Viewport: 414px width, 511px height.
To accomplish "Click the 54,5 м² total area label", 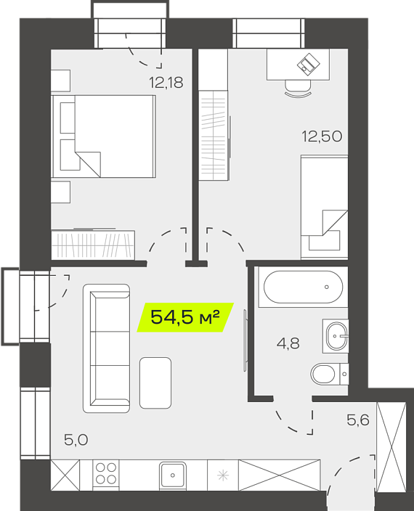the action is tap(185, 317).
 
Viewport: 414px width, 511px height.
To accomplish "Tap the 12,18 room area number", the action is tap(166, 83).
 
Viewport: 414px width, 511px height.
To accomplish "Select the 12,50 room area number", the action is tap(322, 136).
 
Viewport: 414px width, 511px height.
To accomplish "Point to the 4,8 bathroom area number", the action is tap(288, 343).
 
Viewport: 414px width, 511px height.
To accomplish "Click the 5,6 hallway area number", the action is tap(358, 420).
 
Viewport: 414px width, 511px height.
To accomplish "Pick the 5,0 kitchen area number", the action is tap(76, 440).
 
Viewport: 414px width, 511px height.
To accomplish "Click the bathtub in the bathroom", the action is tap(303, 287).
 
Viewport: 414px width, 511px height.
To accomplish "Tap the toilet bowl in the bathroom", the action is tap(330, 374).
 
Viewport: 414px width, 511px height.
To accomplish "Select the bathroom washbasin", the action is tap(336, 336).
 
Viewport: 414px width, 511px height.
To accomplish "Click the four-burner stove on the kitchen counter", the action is tap(106, 474).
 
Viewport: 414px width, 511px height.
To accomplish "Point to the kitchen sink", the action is tap(173, 475).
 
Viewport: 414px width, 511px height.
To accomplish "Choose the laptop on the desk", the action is tap(309, 64).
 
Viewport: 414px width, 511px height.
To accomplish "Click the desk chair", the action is tap(298, 89).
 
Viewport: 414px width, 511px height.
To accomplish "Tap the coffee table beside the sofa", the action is tap(155, 383).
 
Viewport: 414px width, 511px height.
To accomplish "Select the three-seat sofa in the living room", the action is tap(107, 348).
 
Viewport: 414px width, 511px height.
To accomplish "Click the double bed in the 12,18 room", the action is tap(104, 136).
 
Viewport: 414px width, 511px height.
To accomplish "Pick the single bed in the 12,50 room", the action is tap(325, 208).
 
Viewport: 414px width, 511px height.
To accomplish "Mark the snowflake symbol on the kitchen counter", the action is tap(223, 475).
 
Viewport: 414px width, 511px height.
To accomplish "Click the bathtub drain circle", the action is tap(327, 287).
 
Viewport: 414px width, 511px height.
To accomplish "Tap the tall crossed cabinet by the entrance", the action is tap(391, 447).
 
